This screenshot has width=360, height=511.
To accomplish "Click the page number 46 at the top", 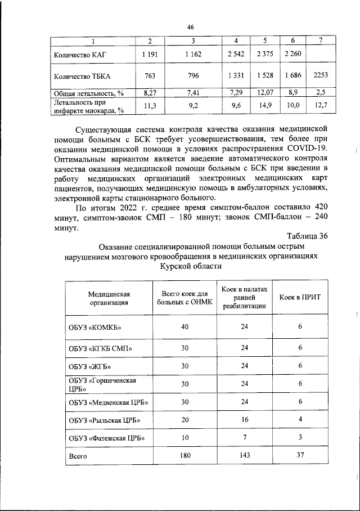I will tap(190, 26).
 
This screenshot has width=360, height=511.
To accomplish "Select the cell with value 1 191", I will tap(150, 54).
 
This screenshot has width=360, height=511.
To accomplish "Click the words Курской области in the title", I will tap(191, 267).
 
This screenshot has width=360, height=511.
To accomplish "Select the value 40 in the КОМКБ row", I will tap(185, 327).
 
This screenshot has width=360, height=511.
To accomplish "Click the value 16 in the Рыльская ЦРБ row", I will tap(244, 420).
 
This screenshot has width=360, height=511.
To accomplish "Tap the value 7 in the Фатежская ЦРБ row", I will tap(244, 438).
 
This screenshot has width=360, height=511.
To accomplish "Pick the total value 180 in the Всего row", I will tap(185, 456).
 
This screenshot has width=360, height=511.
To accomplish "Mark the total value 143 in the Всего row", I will tap(244, 456).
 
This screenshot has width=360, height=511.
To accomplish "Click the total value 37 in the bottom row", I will tap(300, 456).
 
